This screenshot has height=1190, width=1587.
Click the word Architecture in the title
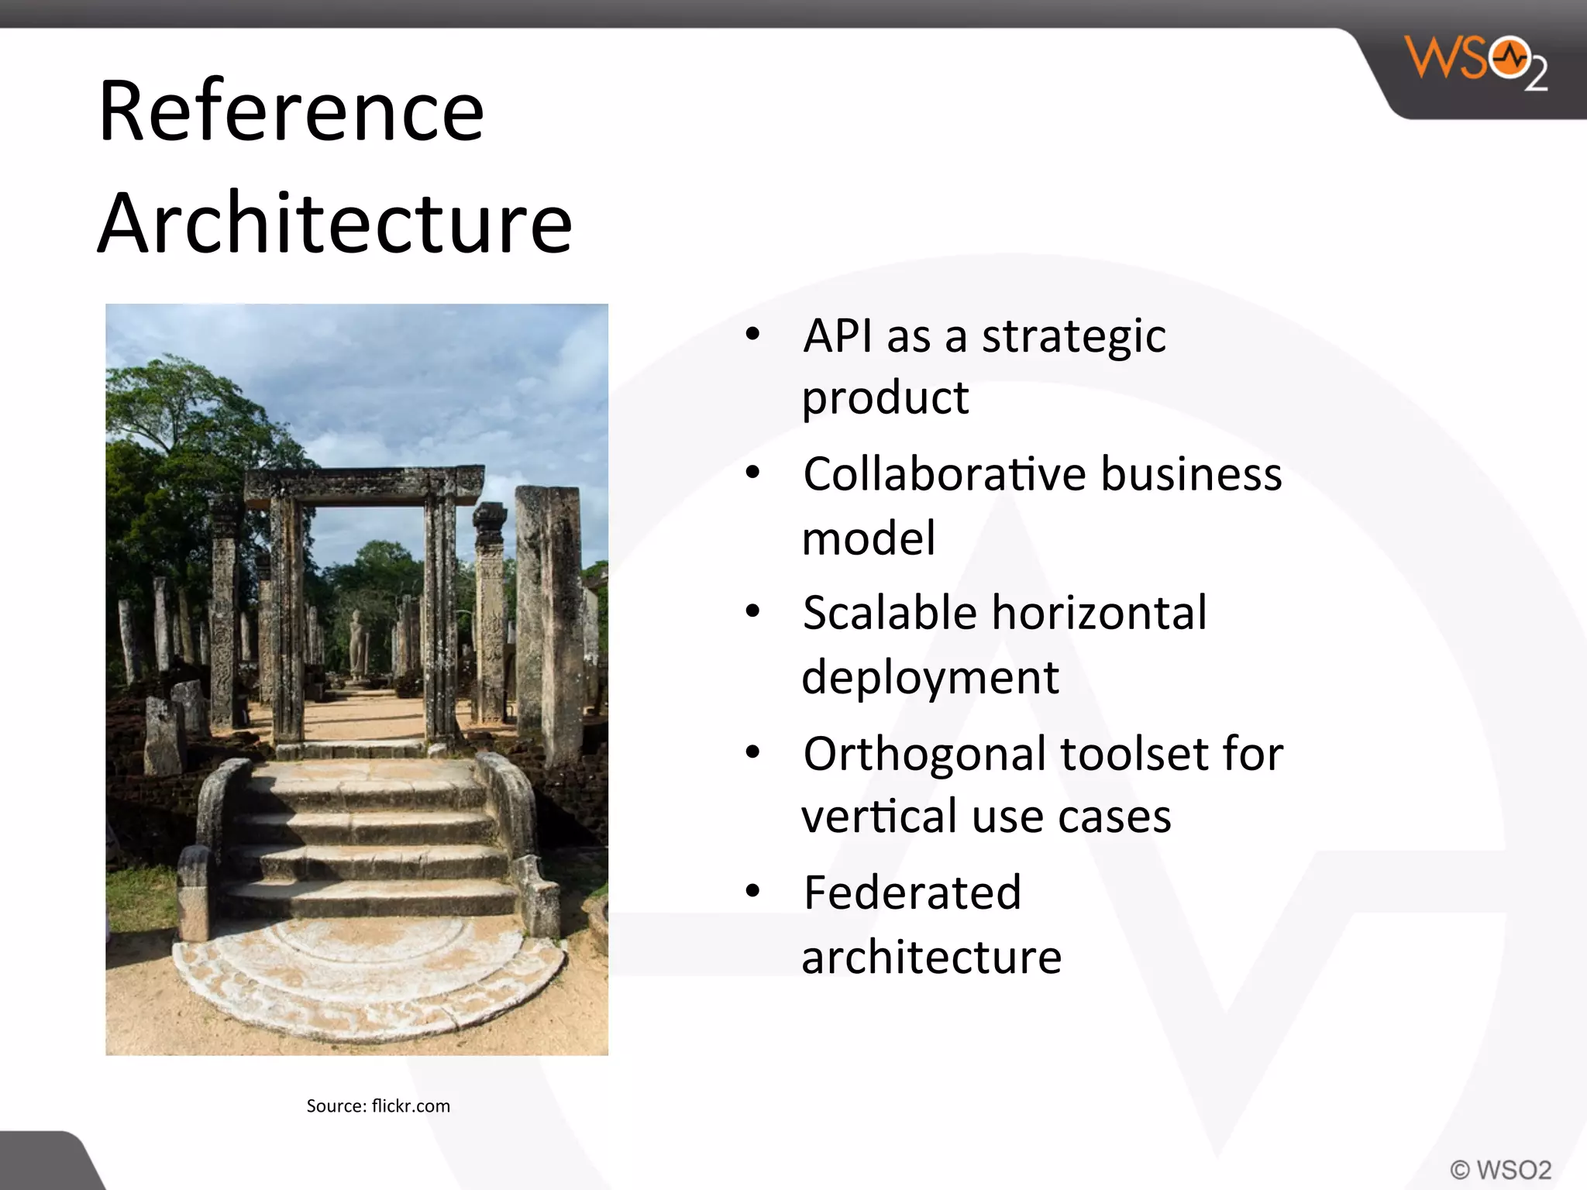click(x=335, y=223)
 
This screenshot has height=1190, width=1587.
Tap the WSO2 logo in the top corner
click(x=1476, y=64)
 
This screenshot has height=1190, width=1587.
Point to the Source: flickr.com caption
click(x=378, y=1106)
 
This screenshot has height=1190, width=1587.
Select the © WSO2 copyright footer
click(x=1500, y=1169)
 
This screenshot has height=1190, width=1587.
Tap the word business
click(x=1191, y=474)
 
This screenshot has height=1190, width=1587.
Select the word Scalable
click(x=890, y=613)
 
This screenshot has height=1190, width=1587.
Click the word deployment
click(x=930, y=678)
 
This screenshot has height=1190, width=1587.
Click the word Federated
click(x=912, y=892)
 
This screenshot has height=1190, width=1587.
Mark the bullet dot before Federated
click(x=752, y=891)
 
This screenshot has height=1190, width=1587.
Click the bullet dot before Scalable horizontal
click(x=752, y=611)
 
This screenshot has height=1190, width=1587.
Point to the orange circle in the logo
click(x=1510, y=58)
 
